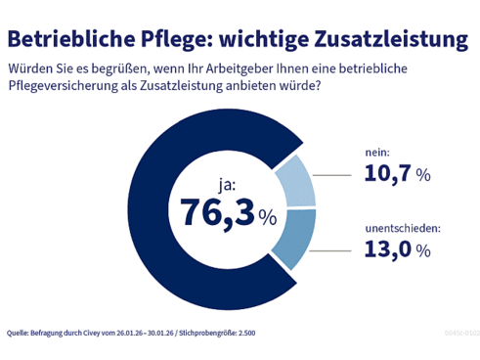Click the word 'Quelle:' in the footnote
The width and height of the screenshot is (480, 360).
[x=19, y=333]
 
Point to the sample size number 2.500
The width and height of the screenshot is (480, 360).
[x=244, y=333]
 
